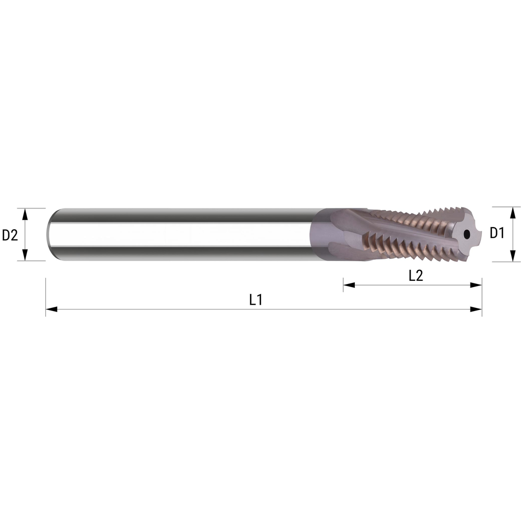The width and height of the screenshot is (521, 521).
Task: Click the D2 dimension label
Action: pos(10,235)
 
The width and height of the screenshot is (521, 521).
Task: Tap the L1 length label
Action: pos(255,300)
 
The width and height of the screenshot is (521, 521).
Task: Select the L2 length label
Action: pos(415,276)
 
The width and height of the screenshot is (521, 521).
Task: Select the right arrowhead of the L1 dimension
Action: pos(476,309)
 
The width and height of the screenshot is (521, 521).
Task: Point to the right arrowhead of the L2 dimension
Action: pos(476,285)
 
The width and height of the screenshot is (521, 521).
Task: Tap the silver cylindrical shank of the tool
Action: pos(182,234)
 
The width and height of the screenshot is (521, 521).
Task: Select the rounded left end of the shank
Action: pos(51,234)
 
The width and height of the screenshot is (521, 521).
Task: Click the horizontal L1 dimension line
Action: pos(156,309)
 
